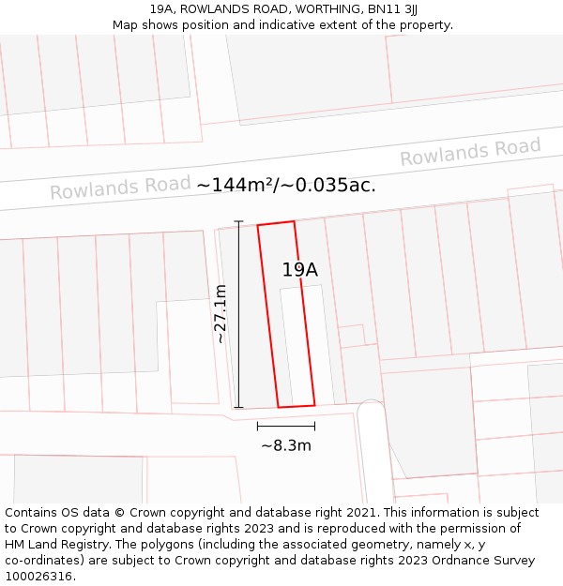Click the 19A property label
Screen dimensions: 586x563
click(x=300, y=270)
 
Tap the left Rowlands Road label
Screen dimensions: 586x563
click(x=120, y=187)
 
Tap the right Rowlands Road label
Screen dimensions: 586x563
click(x=470, y=152)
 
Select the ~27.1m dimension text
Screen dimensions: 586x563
click(x=221, y=314)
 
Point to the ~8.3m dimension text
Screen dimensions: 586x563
click(x=286, y=445)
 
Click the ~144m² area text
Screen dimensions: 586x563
click(x=235, y=185)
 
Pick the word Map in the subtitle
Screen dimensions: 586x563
click(x=126, y=24)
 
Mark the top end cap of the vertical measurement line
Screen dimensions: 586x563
click(x=238, y=221)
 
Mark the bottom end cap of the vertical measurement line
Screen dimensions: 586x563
click(x=238, y=408)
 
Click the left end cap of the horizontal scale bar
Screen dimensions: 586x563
click(x=257, y=426)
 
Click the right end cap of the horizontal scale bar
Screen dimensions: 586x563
click(x=315, y=426)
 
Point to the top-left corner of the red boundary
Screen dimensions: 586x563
click(x=258, y=226)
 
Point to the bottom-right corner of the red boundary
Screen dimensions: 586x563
click(x=314, y=405)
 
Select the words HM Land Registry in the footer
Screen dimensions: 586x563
click(x=51, y=545)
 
